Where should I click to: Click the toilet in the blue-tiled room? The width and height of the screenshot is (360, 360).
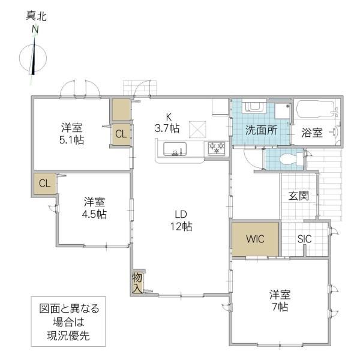(292, 159)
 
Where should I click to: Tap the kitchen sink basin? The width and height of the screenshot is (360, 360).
(175, 149)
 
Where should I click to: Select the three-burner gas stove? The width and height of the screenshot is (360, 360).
(217, 148)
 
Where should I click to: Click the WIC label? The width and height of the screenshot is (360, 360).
(255, 239)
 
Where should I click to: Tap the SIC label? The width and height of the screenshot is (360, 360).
(304, 239)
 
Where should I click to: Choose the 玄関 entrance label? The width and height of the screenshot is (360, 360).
(298, 196)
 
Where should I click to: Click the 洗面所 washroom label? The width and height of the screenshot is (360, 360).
(261, 130)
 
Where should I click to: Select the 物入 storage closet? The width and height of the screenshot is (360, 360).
(137, 283)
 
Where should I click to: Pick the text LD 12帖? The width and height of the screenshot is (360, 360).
(181, 220)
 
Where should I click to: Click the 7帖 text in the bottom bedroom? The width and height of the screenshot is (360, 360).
(280, 307)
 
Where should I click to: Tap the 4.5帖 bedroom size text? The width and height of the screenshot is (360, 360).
(94, 214)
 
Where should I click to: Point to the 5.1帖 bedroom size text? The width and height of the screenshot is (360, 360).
(71, 140)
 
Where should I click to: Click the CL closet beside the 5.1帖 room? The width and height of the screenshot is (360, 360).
(121, 134)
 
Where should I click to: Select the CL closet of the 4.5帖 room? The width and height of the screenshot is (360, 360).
(45, 184)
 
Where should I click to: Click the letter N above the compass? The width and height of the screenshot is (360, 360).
(35, 30)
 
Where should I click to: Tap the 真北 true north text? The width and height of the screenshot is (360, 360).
(36, 16)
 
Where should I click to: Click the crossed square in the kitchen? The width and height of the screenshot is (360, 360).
(197, 130)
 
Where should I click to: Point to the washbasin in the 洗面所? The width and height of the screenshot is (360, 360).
(255, 106)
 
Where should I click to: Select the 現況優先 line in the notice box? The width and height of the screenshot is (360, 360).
(68, 336)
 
